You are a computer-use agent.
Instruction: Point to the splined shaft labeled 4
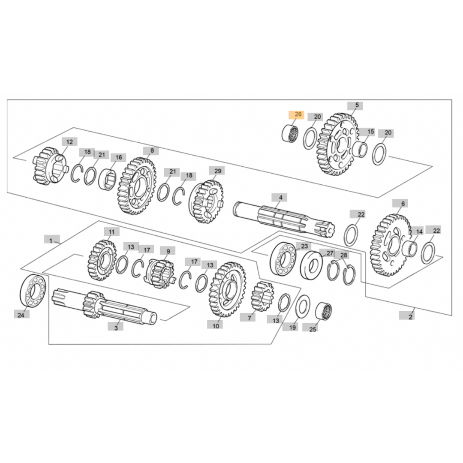click(x=283, y=218)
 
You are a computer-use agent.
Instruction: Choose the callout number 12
click(x=69, y=141)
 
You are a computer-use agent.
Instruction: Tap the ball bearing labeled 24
click(x=33, y=292)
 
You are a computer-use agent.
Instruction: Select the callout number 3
click(x=115, y=327)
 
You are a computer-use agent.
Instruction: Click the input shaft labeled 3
click(x=103, y=305)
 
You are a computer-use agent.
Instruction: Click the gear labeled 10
click(x=227, y=289)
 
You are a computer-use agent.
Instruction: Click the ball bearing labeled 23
click(x=283, y=259)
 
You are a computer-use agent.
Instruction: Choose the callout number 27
click(x=329, y=253)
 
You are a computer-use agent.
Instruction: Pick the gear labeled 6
click(x=390, y=244)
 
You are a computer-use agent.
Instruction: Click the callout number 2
click(x=410, y=316)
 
